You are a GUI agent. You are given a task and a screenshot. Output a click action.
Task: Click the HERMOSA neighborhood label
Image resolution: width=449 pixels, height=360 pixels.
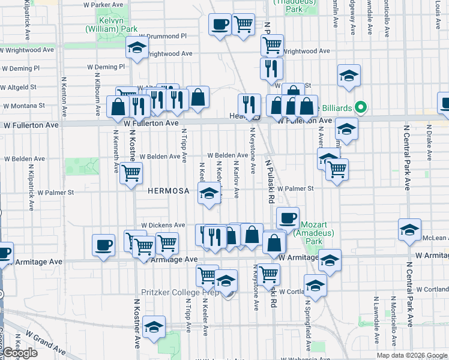(x=169, y=191)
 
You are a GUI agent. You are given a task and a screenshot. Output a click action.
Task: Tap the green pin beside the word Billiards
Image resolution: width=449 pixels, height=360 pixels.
(x=360, y=108)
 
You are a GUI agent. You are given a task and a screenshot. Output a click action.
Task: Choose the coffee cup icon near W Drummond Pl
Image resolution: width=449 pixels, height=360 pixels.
(x=219, y=25)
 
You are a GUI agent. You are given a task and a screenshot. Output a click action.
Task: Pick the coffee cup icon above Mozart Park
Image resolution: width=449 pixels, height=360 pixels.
(x=288, y=217)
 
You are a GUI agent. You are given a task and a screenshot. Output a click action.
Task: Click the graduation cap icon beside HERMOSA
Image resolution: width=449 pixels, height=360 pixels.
(x=209, y=194)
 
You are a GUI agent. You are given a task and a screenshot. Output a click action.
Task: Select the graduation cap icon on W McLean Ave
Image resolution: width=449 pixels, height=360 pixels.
(x=410, y=230)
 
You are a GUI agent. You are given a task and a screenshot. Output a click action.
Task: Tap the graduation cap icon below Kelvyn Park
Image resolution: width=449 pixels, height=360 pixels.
(x=137, y=47)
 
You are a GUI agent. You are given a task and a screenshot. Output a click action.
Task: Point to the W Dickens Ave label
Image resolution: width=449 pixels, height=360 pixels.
(x=163, y=226)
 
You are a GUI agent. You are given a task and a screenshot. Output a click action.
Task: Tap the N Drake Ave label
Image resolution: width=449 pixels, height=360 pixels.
(x=429, y=143)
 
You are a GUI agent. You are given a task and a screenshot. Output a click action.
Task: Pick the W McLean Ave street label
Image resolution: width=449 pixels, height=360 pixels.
(x=434, y=238)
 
